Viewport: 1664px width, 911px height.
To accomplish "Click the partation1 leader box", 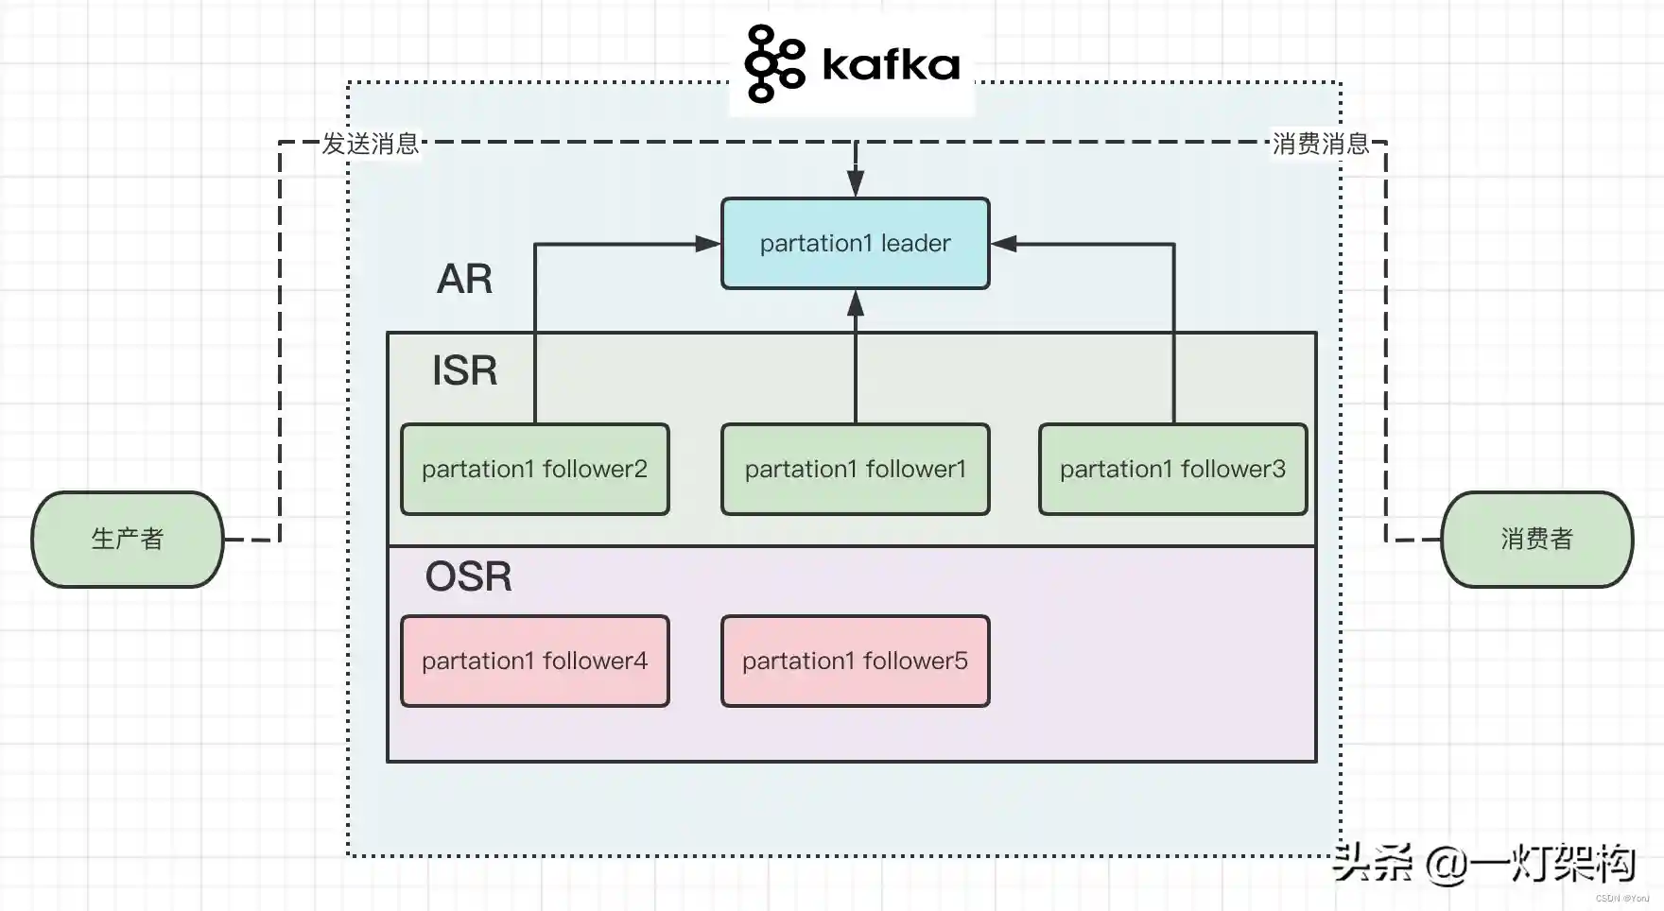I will [x=855, y=244].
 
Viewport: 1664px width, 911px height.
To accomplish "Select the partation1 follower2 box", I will [x=535, y=470].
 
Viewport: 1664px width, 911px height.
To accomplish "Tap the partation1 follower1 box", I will [x=855, y=470].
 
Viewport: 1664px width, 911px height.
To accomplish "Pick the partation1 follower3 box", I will [x=1172, y=470].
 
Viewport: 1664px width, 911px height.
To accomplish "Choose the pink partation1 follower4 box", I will [x=535, y=662].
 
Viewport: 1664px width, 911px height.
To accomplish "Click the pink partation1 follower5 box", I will [x=855, y=662].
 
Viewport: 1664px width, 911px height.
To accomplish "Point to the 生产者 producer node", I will [x=128, y=540].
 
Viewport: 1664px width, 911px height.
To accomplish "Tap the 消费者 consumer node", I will [x=1536, y=540].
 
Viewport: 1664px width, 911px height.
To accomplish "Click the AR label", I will [x=464, y=279].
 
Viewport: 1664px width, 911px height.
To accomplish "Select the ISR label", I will [x=464, y=370].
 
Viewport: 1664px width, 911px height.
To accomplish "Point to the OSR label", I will [x=468, y=576].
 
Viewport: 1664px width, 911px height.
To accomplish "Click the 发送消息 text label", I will [x=371, y=144].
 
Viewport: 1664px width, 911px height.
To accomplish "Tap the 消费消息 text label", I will [x=1321, y=144].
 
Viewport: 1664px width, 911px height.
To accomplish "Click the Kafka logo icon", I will [x=774, y=64].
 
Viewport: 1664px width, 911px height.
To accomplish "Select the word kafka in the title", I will [x=891, y=64].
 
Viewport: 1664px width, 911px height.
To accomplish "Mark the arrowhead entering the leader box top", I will [x=856, y=183].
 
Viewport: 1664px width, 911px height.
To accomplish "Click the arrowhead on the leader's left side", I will [x=708, y=244].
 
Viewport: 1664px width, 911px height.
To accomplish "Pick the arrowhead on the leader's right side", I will [x=1003, y=244].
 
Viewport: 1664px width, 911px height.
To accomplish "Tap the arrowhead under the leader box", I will [x=856, y=302].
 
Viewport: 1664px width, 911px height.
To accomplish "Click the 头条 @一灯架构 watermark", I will [x=1483, y=863].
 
